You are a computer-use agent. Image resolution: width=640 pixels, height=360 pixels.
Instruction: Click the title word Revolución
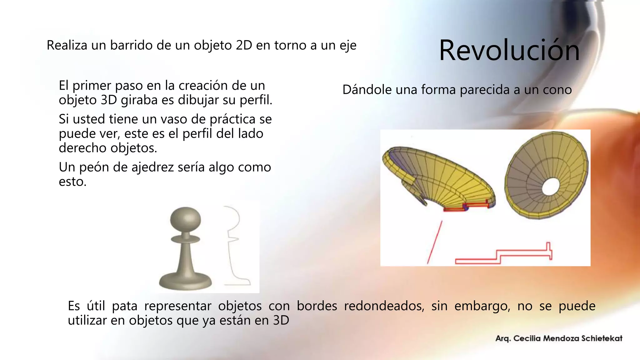509,50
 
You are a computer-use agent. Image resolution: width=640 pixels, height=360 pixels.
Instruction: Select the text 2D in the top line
244,45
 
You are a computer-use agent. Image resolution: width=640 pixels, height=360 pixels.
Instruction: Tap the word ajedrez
153,167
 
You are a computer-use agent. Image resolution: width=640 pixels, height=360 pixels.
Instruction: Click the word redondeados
384,306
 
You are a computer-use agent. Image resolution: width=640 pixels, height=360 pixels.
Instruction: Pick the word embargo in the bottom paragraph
482,306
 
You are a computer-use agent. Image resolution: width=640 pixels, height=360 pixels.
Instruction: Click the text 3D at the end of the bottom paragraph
281,320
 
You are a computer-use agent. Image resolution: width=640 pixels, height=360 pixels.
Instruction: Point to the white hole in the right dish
551,187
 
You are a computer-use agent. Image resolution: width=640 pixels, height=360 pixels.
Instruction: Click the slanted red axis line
435,242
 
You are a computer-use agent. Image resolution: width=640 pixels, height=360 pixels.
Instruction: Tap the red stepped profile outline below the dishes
503,256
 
